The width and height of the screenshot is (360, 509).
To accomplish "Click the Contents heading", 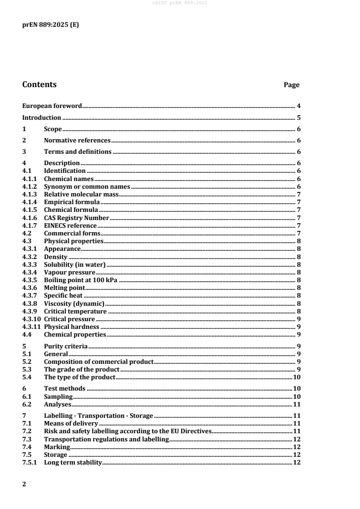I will pyautogui.click(x=39, y=84).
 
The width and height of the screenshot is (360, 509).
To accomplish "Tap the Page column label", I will pyautogui.click(x=291, y=85).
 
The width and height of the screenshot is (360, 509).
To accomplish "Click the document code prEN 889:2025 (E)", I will pyautogui.click(x=50, y=25).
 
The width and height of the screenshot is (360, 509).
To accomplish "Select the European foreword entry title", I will pyautogui.click(x=52, y=106).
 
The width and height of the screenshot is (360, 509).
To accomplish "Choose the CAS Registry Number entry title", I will pyautogui.click(x=77, y=218).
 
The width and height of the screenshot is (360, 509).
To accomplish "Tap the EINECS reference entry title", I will pyautogui.click(x=70, y=225).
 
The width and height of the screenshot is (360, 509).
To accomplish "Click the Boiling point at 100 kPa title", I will pyautogui.click(x=81, y=280).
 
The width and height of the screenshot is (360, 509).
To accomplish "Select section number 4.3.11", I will pyautogui.click(x=32, y=327).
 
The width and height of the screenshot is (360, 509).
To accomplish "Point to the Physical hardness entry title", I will pyautogui.click(x=71, y=327).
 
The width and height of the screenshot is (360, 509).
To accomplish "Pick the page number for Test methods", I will pyautogui.click(x=297, y=388).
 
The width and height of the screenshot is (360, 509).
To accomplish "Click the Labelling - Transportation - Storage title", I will pyautogui.click(x=99, y=416).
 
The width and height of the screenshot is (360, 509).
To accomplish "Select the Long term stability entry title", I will pyautogui.click(x=73, y=463).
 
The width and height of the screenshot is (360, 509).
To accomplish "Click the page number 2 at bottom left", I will pyautogui.click(x=25, y=484).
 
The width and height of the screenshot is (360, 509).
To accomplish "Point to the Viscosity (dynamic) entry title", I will pyautogui.click(x=74, y=303).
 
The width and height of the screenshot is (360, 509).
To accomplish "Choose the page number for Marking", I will pyautogui.click(x=297, y=447).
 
